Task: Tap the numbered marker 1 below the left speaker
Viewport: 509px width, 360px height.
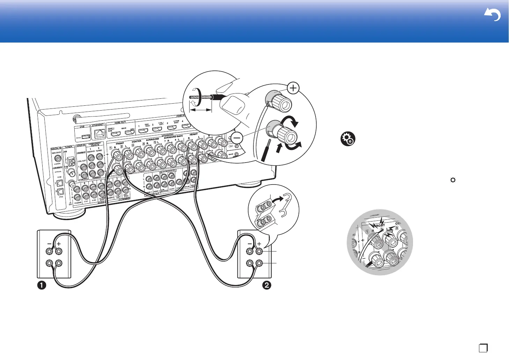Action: click(42, 285)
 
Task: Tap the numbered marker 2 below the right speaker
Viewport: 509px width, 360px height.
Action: click(266, 285)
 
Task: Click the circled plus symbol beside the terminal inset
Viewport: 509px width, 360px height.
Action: click(293, 88)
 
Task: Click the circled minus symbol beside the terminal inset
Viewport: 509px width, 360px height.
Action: click(237, 138)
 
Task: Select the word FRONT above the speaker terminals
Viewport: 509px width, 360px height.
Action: click(120, 143)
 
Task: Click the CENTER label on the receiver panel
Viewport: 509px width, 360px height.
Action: click(137, 141)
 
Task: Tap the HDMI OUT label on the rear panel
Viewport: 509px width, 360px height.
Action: click(120, 122)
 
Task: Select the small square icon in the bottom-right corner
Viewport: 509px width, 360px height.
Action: click(483, 348)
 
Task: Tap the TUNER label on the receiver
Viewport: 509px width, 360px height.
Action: click(68, 147)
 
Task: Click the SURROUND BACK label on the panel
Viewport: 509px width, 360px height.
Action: click(173, 137)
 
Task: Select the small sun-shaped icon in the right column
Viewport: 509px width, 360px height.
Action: click(453, 180)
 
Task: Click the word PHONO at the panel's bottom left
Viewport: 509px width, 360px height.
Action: click(78, 202)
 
